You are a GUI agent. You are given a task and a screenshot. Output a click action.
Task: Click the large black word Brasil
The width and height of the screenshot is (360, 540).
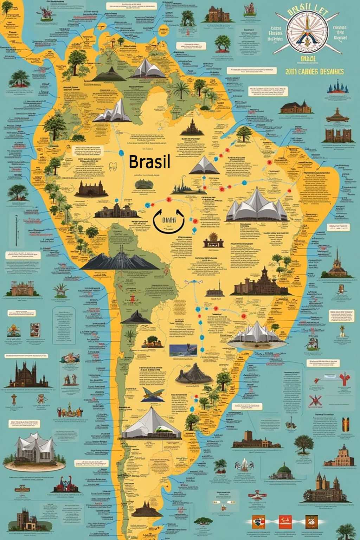coord(149,162)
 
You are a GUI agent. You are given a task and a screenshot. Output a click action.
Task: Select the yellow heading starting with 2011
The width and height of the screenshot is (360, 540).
coord(314,72)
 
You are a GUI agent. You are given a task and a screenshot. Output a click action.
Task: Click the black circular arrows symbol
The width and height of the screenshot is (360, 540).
coord(169,221)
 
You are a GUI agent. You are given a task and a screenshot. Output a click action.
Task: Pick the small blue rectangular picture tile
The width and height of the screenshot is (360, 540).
coord(183,350)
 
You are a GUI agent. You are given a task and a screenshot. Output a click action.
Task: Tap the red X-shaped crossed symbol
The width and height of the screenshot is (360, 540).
coord(314,401)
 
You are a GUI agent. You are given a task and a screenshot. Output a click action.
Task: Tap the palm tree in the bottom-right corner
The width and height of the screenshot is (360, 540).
coord(346,531)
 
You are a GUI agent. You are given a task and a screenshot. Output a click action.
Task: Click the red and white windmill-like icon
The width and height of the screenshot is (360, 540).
coord(257,497)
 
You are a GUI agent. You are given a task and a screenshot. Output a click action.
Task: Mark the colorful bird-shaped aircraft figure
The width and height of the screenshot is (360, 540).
coord(153,394)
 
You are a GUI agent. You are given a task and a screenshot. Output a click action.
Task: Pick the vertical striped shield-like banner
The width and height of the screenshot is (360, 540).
coord(346,425)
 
